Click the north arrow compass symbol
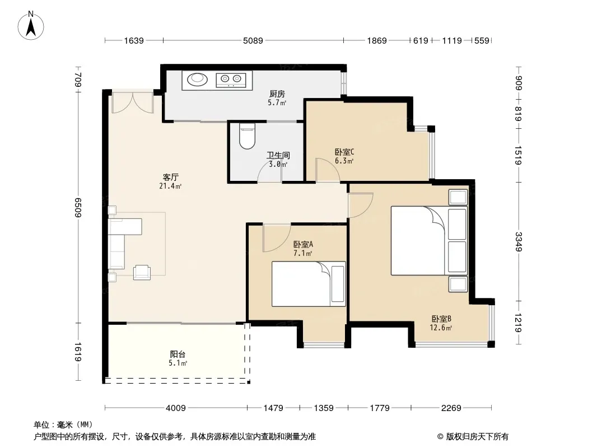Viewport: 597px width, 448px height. [x=31, y=26]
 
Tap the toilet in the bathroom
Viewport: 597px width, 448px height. [x=247, y=136]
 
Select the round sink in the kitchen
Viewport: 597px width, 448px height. [x=198, y=80]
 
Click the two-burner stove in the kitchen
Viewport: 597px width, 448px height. [x=231, y=80]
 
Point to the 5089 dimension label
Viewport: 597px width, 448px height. [x=253, y=40]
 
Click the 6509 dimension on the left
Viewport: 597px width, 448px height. [x=78, y=207]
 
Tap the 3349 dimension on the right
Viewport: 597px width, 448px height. [x=518, y=241]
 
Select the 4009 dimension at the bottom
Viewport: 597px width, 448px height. [x=175, y=408]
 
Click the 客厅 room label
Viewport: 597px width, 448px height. [x=171, y=178]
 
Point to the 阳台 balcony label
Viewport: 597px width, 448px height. [x=178, y=354]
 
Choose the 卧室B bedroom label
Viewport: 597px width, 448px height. [x=441, y=319]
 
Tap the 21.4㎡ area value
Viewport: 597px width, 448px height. [x=170, y=186]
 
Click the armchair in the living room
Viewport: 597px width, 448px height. [x=142, y=272]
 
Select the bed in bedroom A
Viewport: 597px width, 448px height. [x=309, y=284]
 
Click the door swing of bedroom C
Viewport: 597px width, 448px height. [x=328, y=170]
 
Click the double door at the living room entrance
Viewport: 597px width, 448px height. [x=133, y=102]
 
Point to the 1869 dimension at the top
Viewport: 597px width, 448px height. [x=376, y=40]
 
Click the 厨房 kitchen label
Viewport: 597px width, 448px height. [x=277, y=94]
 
